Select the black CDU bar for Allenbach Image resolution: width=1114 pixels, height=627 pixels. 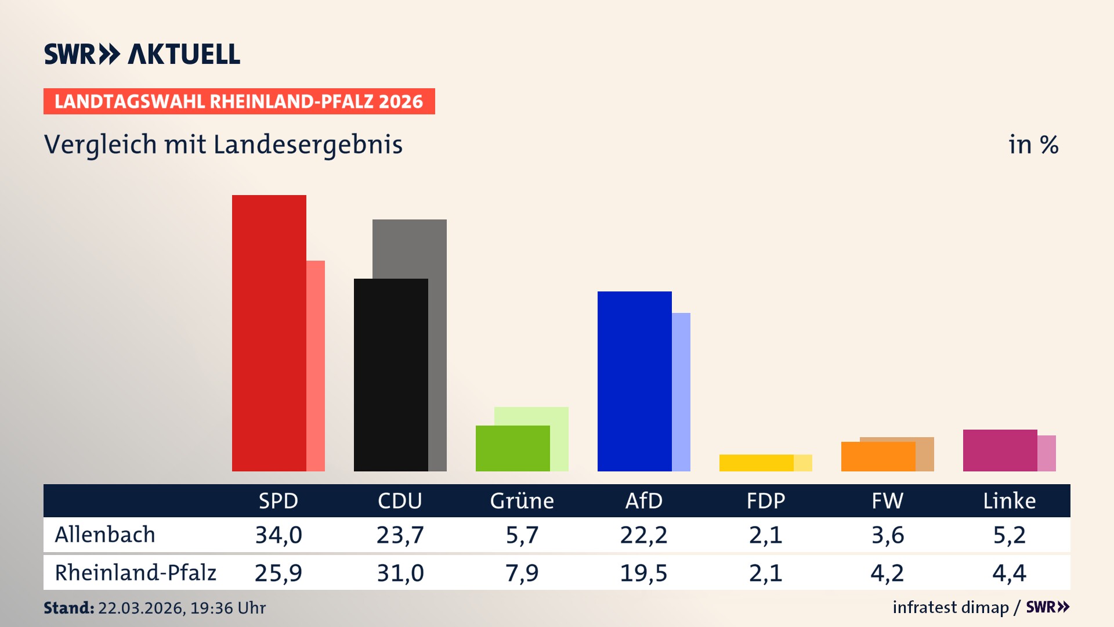click(x=390, y=374)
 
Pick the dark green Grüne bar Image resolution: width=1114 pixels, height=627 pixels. click(x=512, y=448)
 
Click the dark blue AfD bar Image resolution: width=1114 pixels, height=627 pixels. click(x=634, y=381)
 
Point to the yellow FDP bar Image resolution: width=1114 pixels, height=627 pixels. click(x=756, y=463)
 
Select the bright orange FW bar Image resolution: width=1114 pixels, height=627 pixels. click(x=878, y=457)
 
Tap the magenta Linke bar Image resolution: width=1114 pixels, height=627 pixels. click(x=1000, y=451)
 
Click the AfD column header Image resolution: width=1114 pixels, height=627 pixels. click(x=643, y=500)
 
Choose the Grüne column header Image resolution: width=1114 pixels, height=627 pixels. click(x=522, y=500)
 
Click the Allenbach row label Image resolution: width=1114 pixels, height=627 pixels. click(x=105, y=535)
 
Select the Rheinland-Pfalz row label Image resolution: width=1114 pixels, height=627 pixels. click(x=135, y=573)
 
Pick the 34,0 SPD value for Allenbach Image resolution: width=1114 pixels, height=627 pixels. click(x=278, y=535)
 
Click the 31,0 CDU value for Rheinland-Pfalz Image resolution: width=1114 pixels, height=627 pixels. click(x=400, y=573)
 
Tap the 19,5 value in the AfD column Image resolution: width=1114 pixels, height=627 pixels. click(x=643, y=573)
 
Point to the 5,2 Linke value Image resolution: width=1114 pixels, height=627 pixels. click(x=1009, y=535)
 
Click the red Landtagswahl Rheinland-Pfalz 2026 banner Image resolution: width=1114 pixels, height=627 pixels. click(x=239, y=102)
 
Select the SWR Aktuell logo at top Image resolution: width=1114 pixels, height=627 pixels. click(x=142, y=54)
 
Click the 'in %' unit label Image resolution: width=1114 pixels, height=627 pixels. click(x=1033, y=145)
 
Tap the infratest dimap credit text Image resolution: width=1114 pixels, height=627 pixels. click(x=950, y=607)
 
